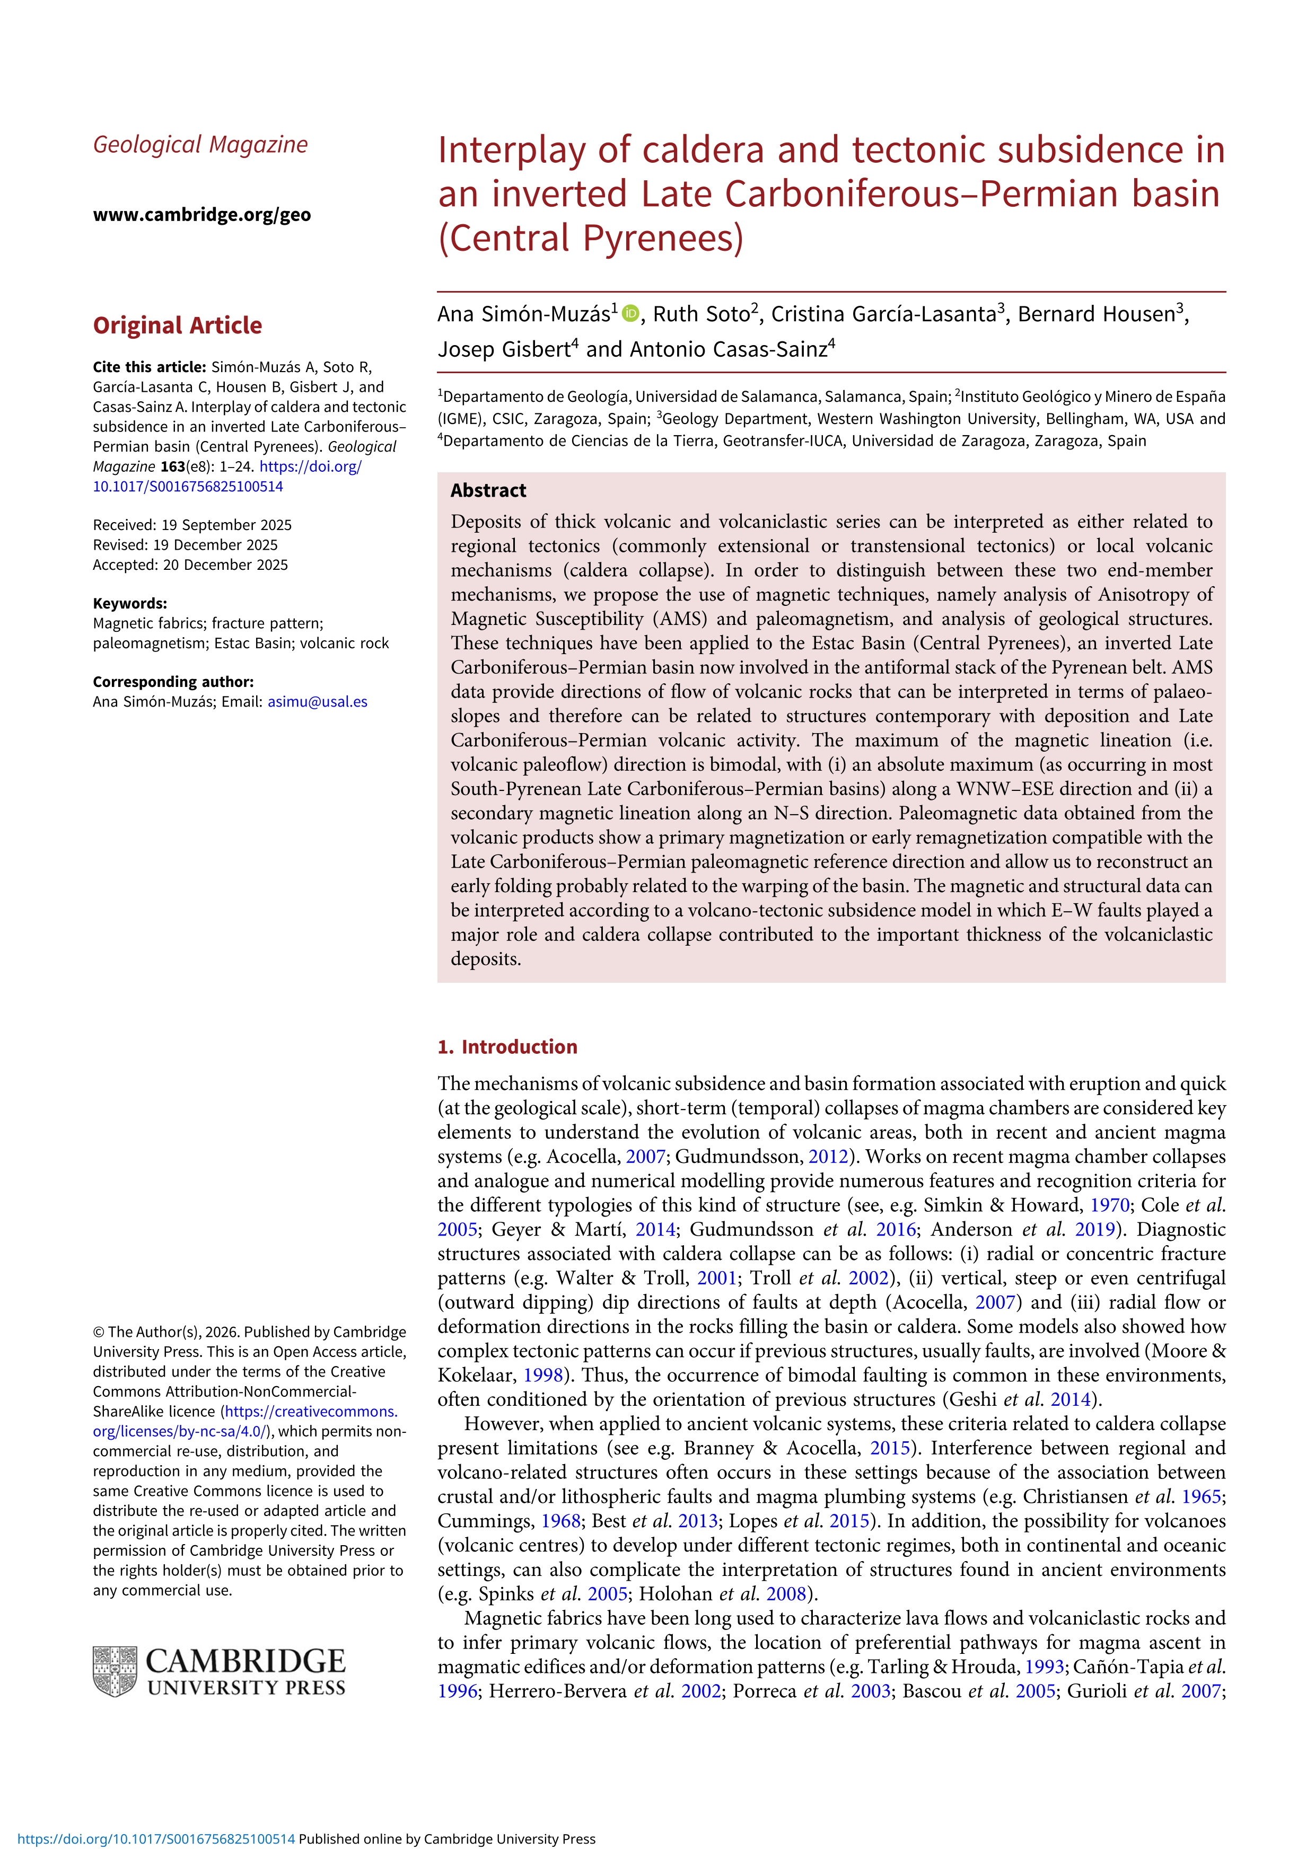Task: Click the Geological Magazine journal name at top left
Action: pyautogui.click(x=200, y=145)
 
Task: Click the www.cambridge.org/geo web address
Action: pyautogui.click(x=201, y=215)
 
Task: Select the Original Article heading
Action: pyautogui.click(x=177, y=325)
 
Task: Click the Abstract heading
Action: pyautogui.click(x=488, y=491)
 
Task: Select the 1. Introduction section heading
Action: pyautogui.click(x=507, y=1047)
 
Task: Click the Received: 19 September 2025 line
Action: pyautogui.click(x=192, y=525)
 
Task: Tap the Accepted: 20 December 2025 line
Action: pyautogui.click(x=190, y=565)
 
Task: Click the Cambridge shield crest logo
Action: pyautogui.click(x=114, y=1671)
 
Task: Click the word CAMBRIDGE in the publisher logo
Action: pyautogui.click(x=246, y=1661)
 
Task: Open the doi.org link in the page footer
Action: pyautogui.click(x=156, y=1839)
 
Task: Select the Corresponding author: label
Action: pyautogui.click(x=173, y=682)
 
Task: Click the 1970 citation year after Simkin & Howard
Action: pyautogui.click(x=1109, y=1205)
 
